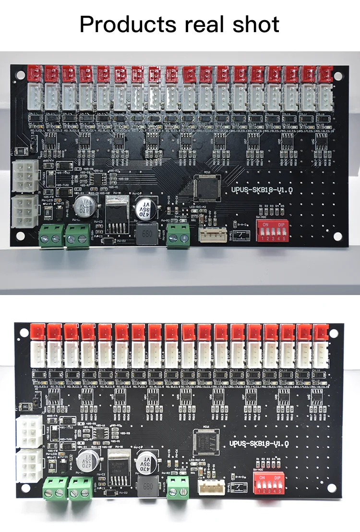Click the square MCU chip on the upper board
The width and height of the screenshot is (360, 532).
click(205, 188)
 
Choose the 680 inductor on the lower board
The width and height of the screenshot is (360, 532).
click(146, 489)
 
